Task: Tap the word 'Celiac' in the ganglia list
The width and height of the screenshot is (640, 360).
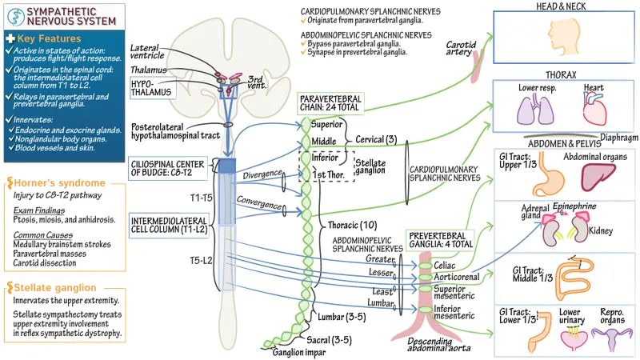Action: point(445,263)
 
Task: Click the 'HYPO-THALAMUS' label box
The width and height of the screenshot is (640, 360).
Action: point(152,87)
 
